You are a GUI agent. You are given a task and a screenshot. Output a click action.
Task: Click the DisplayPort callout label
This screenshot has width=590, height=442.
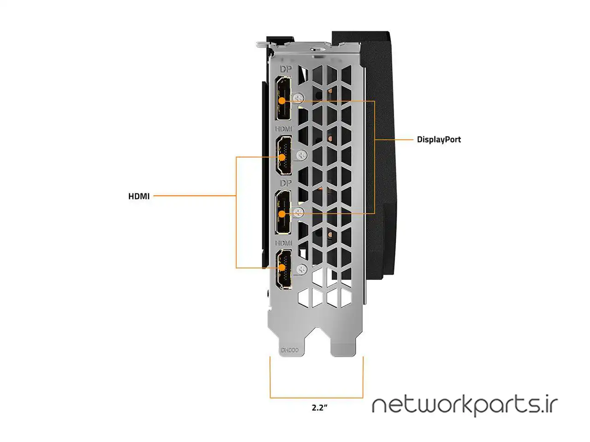(x=438, y=140)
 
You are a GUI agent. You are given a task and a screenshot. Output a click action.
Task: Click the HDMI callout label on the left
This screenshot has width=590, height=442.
(x=139, y=196)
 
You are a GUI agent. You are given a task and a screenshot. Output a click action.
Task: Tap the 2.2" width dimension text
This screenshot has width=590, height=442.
(x=319, y=407)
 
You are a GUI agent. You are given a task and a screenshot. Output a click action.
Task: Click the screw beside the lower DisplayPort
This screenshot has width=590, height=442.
(x=299, y=212)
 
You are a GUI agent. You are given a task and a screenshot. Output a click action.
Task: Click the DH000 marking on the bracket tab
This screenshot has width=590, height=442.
(x=289, y=350)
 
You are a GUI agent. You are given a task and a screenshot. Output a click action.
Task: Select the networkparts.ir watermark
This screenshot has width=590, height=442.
(x=465, y=405)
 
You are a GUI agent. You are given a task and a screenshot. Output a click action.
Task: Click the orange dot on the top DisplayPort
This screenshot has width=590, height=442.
(x=282, y=100)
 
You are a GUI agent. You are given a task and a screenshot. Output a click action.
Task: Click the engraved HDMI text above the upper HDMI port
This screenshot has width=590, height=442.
(x=284, y=129)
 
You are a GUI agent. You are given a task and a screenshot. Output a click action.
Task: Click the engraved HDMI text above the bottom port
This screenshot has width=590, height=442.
(x=284, y=243)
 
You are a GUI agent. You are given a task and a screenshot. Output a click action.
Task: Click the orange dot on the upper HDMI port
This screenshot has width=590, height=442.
(x=282, y=157)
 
